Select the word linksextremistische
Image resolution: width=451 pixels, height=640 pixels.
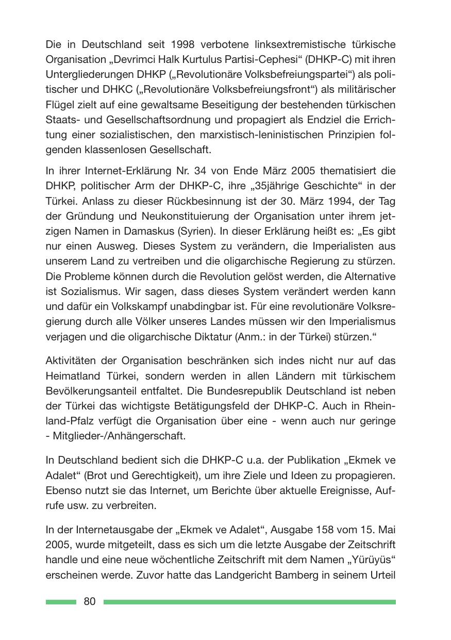pyautogui.click(x=279, y=45)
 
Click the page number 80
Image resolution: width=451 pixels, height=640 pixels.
pyautogui.click(x=89, y=602)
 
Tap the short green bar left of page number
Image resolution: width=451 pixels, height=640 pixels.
pyautogui.click(x=60, y=602)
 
